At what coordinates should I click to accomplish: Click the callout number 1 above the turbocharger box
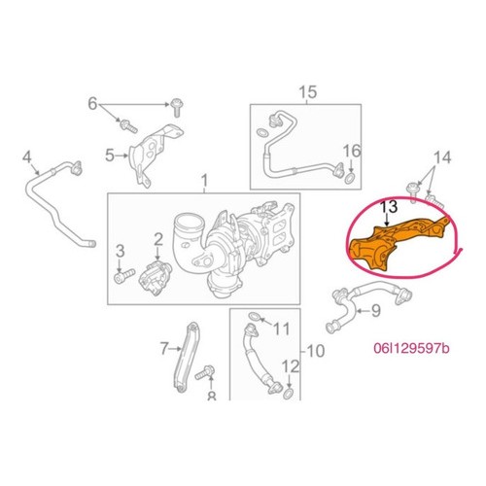(204, 181)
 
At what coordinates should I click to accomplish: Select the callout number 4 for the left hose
(27, 157)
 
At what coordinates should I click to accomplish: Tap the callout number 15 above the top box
(307, 92)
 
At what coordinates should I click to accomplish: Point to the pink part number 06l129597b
(411, 348)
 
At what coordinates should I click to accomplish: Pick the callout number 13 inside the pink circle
(389, 207)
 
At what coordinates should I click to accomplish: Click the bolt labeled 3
(124, 276)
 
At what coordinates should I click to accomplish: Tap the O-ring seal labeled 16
(350, 178)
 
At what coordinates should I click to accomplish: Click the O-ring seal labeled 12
(289, 394)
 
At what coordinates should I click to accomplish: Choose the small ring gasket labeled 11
(254, 317)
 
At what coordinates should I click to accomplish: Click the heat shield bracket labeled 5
(156, 154)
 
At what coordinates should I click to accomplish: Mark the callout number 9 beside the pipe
(375, 311)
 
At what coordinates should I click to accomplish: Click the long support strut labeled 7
(187, 357)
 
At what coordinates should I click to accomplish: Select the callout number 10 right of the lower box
(315, 351)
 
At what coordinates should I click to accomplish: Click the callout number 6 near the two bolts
(92, 104)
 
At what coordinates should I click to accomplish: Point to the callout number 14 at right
(442, 157)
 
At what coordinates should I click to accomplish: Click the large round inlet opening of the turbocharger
(190, 224)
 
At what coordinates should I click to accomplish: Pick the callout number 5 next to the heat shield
(110, 156)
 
